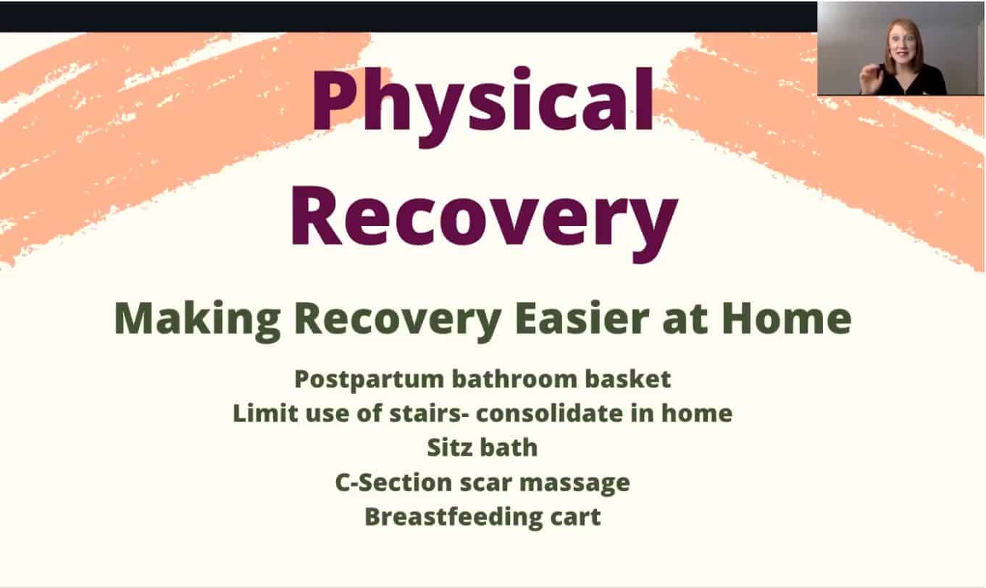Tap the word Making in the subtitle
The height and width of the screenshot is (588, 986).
[x=197, y=320]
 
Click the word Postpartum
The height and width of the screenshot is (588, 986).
[x=369, y=380]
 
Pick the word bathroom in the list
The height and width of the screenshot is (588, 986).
[x=514, y=379]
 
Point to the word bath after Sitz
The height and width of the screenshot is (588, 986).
[x=509, y=448]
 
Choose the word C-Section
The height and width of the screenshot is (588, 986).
[x=393, y=482]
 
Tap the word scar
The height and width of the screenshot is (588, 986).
[x=486, y=483]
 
